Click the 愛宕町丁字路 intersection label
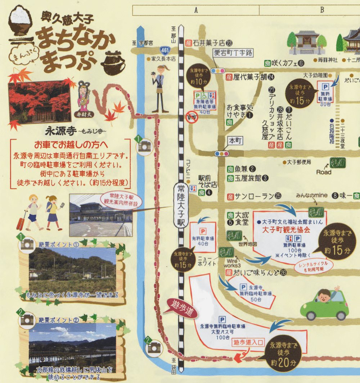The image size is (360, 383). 233,53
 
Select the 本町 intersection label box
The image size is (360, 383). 234,141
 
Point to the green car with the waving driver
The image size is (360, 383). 325,304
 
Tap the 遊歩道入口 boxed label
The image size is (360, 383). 248,342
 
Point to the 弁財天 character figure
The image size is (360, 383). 85,97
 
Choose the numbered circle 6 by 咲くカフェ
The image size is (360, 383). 301,63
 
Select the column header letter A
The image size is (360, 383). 196,10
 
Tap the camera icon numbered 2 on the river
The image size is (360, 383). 154,346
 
